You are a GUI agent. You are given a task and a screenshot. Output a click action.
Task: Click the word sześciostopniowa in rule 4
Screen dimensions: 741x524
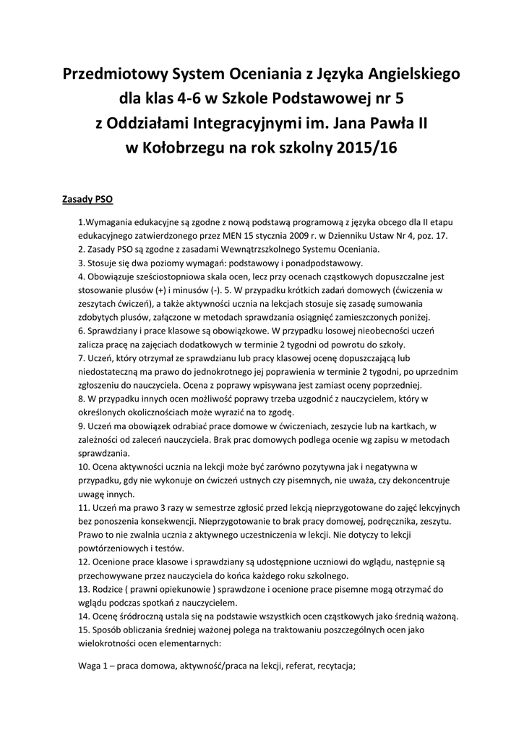click(x=168, y=276)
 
